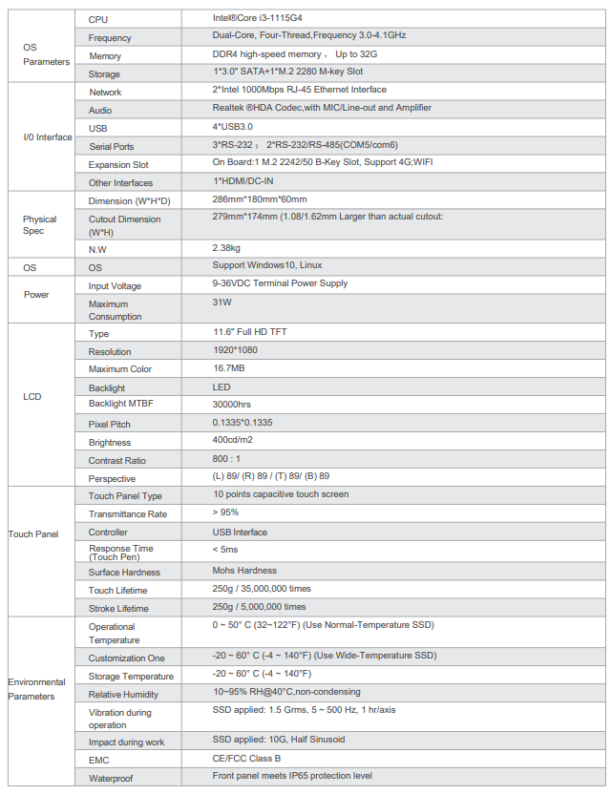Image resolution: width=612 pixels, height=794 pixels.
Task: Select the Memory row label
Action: click(105, 55)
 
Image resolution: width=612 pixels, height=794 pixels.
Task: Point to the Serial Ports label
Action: click(111, 146)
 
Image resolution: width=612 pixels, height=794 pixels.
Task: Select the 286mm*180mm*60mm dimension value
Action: click(259, 199)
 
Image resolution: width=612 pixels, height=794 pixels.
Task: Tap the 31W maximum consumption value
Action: click(222, 302)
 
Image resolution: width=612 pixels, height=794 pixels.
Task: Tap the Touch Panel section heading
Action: click(35, 533)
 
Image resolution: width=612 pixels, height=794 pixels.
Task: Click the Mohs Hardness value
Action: click(246, 571)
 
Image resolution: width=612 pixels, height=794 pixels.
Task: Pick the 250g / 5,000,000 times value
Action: click(259, 607)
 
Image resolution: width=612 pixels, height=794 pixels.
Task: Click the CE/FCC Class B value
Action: click(246, 759)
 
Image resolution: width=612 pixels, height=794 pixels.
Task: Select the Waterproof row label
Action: click(111, 778)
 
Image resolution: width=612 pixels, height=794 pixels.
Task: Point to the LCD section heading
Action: click(32, 396)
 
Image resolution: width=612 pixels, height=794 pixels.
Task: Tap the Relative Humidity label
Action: click(123, 694)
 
